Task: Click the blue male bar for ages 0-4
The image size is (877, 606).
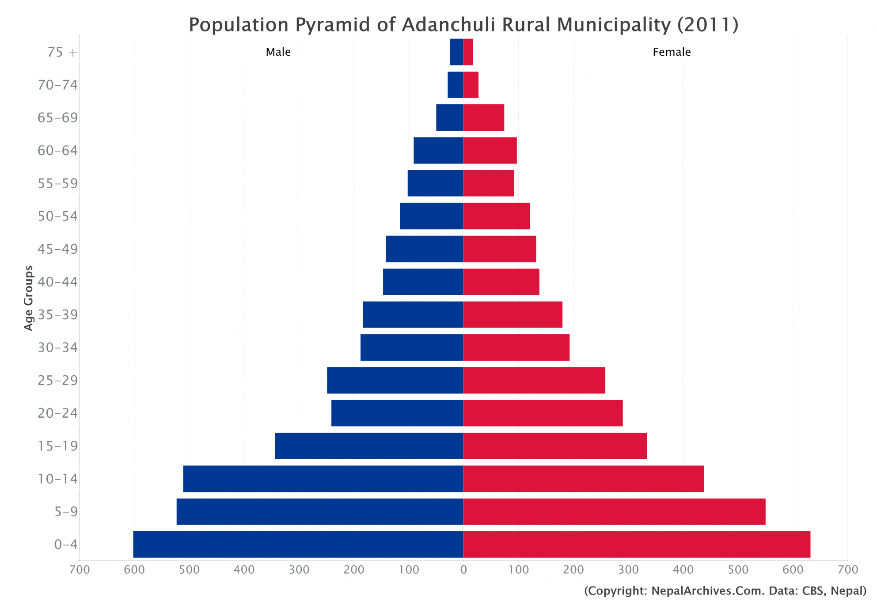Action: [298, 544]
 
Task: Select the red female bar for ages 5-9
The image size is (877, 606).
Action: [614, 511]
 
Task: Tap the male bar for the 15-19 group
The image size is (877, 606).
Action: [369, 446]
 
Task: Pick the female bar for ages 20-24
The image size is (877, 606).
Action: [543, 413]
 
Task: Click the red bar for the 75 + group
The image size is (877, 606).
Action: [468, 52]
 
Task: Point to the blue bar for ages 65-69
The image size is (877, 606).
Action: [450, 118]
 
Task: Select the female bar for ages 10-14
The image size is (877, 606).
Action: [584, 479]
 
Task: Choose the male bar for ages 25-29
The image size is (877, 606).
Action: [395, 380]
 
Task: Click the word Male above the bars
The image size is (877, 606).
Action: [278, 52]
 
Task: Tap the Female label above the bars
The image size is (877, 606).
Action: [671, 52]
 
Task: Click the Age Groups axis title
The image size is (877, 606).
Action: [29, 298]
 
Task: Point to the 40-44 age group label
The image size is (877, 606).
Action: [57, 282]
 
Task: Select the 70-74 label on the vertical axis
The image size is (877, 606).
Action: [57, 85]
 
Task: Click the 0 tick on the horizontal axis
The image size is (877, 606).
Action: [463, 570]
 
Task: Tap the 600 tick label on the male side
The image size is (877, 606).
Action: [134, 570]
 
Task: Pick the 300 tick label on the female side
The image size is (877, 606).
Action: [628, 570]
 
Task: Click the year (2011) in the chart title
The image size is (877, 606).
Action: [708, 25]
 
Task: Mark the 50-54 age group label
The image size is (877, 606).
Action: [57, 216]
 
